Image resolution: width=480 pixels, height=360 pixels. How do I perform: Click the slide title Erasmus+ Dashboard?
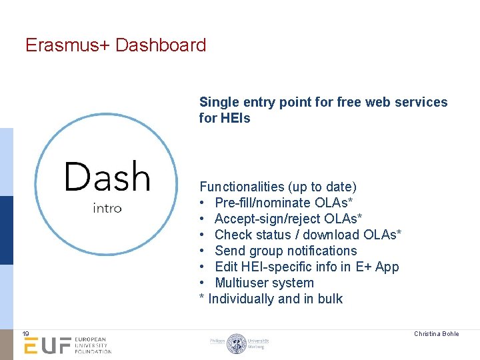pyautogui.click(x=115, y=45)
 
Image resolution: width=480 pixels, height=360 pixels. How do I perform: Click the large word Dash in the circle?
pyautogui.click(x=107, y=177)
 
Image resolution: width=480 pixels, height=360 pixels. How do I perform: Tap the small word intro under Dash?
pyautogui.click(x=107, y=208)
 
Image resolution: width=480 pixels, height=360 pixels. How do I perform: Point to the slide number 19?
pyautogui.click(x=25, y=333)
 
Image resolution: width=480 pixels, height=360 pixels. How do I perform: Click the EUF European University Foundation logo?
pyautogui.click(x=67, y=345)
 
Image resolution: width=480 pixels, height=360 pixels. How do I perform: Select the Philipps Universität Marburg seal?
pyautogui.click(x=237, y=343)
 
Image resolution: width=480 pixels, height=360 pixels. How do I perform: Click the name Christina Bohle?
pyautogui.click(x=436, y=333)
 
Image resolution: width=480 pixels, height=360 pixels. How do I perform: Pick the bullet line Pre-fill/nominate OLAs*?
pyautogui.click(x=283, y=203)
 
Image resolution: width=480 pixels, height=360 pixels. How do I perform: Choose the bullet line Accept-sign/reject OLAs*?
pyautogui.click(x=288, y=219)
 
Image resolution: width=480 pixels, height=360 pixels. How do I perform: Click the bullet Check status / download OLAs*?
pyautogui.click(x=307, y=235)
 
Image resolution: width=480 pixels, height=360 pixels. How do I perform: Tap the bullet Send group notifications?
pyautogui.click(x=285, y=251)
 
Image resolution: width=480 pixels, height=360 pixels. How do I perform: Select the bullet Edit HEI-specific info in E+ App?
pyautogui.click(x=307, y=267)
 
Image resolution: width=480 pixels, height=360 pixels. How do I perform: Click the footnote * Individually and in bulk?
pyautogui.click(x=271, y=299)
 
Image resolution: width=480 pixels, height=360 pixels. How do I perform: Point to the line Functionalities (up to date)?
pyautogui.click(x=278, y=187)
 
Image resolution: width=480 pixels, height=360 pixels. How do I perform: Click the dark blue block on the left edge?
pyautogui.click(x=6, y=230)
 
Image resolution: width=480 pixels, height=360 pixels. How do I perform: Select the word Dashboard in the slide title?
pyautogui.click(x=161, y=45)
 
